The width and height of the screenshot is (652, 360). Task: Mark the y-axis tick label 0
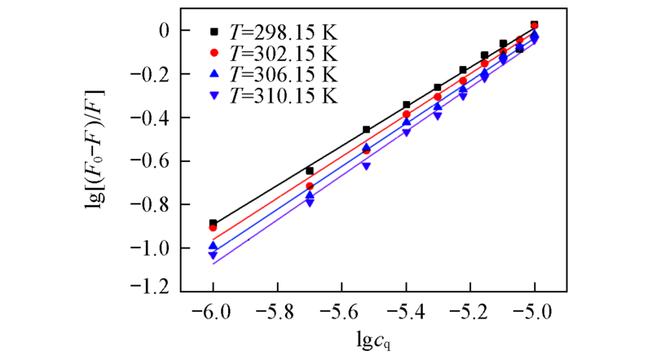(x=162, y=30)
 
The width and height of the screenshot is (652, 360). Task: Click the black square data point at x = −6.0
(x=214, y=223)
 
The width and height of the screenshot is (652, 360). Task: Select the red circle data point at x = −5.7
(x=310, y=187)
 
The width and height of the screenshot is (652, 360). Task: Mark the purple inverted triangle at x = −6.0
(x=214, y=256)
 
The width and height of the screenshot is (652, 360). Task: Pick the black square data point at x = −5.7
(x=310, y=170)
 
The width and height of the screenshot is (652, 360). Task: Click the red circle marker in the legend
(x=214, y=53)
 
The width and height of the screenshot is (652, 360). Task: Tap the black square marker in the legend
(x=214, y=33)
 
